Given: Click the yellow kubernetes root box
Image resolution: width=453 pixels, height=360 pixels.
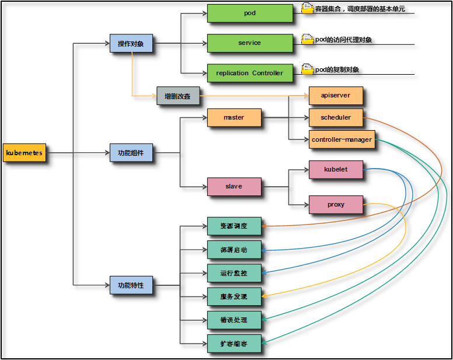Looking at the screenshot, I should point(24,153).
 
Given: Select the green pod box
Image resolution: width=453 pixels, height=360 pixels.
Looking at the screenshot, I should point(250,13).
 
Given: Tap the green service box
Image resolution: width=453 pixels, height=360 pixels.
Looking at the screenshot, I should point(250,43).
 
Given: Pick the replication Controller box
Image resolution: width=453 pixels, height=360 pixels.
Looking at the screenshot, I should point(250,73).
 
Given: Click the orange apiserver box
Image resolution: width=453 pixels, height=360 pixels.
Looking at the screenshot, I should point(336,95).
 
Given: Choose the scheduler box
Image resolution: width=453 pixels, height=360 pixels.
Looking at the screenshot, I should point(336,117).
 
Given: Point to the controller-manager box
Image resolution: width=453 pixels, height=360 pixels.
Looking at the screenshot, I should point(342,139).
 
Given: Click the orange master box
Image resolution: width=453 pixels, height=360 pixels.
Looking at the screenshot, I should point(234,117).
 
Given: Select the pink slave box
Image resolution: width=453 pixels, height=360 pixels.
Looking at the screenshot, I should point(234,187).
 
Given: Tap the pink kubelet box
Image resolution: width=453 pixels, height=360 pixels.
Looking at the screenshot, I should point(336,170).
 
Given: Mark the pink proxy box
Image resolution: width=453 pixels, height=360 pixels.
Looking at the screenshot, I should point(336,205).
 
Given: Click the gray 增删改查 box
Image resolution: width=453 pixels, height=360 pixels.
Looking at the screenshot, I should point(177,95).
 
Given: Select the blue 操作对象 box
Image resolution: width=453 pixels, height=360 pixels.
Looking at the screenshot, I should point(131,43).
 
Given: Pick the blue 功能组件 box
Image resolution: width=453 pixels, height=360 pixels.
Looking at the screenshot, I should point(131,153).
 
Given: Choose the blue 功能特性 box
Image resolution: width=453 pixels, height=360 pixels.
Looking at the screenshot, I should point(131,285).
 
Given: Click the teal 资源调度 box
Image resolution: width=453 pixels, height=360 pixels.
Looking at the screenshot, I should point(234,226).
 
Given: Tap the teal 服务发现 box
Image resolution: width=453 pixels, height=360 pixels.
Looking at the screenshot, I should point(234,296).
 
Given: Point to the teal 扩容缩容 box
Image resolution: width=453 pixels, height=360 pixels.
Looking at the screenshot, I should point(234,343).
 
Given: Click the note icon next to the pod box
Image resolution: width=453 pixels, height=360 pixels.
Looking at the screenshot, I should point(307,8).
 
